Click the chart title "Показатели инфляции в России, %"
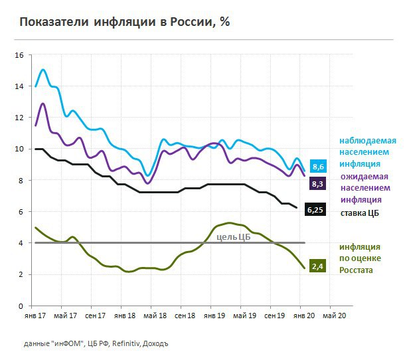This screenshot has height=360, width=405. click(125, 22)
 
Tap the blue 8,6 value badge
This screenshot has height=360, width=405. click(317, 166)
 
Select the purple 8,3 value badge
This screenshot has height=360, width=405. click(317, 183)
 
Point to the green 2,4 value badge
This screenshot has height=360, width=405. click(317, 267)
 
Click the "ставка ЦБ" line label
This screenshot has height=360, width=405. click(361, 213)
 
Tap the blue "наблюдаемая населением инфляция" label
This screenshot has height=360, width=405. click(368, 151)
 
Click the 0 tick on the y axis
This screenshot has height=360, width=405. click(21, 306)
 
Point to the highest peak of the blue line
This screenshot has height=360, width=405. click(43, 70)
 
